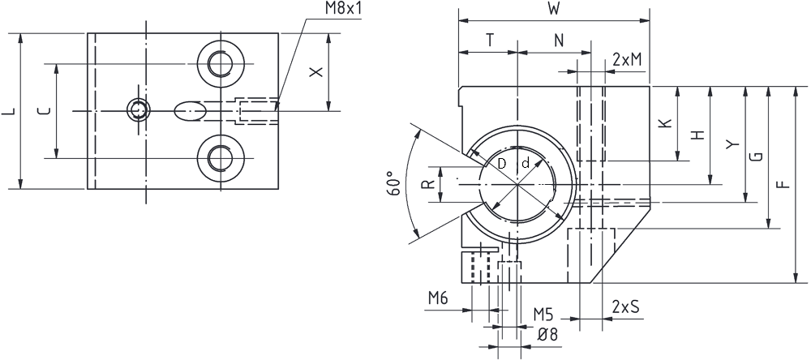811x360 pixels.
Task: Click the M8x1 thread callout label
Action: pyautogui.click(x=343, y=9)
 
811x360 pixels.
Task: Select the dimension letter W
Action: pyautogui.click(x=553, y=9)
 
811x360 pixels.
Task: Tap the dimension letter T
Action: pyautogui.click(x=489, y=41)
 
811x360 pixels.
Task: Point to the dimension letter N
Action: pyautogui.click(x=559, y=41)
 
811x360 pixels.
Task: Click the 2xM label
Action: pyautogui.click(x=627, y=59)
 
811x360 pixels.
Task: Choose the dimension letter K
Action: pyautogui.click(x=666, y=123)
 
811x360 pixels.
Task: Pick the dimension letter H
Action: pyautogui.click(x=698, y=135)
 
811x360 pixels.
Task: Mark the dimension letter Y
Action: pyautogui.click(x=731, y=144)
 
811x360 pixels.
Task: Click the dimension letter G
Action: pyautogui.click(x=756, y=156)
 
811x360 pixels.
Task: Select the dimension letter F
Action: pyautogui.click(x=784, y=184)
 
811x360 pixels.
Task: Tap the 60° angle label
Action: pyautogui.click(x=394, y=182)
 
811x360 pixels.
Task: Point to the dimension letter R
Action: pyautogui.click(x=427, y=184)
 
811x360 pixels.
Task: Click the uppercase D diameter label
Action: pyautogui.click(x=501, y=164)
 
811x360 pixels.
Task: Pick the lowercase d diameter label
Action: pyautogui.click(x=525, y=164)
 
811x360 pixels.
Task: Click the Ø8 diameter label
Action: pyautogui.click(x=547, y=335)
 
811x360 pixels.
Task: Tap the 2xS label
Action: pyautogui.click(x=625, y=306)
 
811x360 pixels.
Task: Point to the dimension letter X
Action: pyautogui.click(x=315, y=72)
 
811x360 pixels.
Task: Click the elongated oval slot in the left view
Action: pyautogui.click(x=190, y=111)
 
